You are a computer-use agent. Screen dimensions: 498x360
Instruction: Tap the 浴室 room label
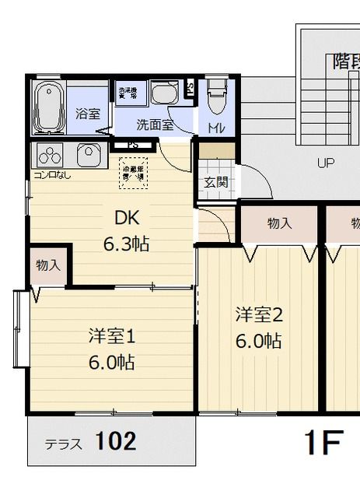coord(87,113)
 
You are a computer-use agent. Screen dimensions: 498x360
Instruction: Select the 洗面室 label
coord(155,124)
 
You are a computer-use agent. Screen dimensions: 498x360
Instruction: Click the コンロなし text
coord(51,174)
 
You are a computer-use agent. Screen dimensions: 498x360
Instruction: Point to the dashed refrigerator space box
coord(134,172)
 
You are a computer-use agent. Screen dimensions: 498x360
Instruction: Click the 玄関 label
coord(215,183)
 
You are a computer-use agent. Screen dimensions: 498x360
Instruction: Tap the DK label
coord(127,217)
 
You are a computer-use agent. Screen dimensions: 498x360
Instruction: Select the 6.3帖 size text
coord(127,244)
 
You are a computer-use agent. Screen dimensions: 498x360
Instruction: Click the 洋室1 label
coord(112,336)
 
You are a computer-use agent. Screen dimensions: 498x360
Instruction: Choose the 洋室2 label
coord(259,314)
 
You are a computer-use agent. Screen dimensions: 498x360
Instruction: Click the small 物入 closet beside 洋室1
coord(48,265)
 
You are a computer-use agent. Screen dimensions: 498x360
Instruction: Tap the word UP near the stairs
coord(325,163)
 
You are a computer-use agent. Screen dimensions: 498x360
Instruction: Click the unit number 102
coord(116,442)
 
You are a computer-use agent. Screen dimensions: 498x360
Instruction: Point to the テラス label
coord(65,445)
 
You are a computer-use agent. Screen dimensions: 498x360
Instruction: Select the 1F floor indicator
coord(322,443)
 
